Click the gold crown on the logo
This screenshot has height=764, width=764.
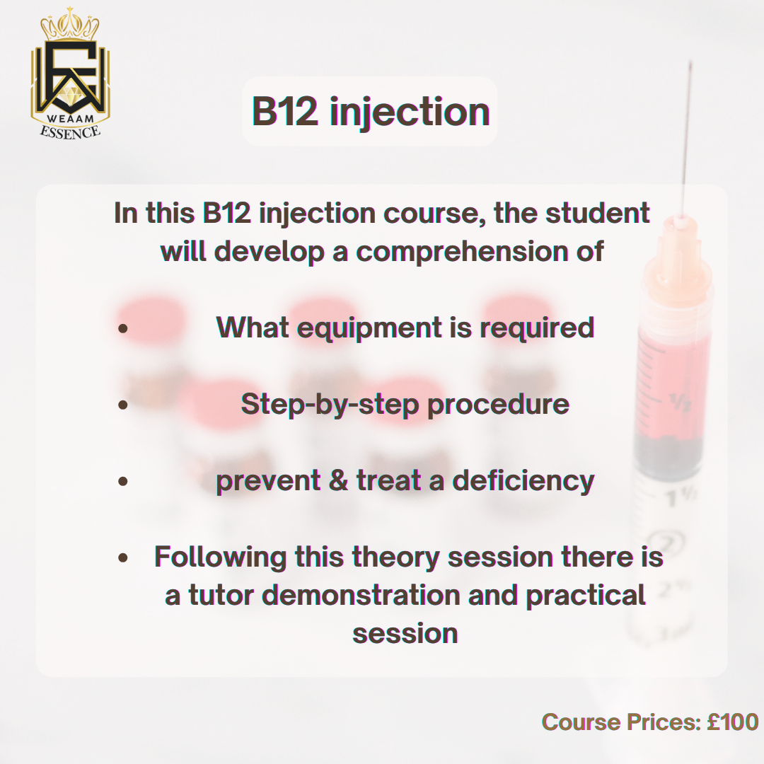69,24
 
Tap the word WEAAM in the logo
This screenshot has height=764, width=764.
70,118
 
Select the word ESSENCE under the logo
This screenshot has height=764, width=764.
70,132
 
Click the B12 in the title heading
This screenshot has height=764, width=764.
284,111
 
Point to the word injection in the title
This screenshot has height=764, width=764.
410,113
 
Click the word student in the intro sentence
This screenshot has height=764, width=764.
597,213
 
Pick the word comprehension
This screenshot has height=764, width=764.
463,253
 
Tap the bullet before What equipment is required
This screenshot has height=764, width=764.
123,328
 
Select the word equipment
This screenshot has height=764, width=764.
369,328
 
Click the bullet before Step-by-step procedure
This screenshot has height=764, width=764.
123,405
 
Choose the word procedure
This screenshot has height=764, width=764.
498,405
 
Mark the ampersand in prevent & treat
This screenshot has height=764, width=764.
338,480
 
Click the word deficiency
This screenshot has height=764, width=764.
523,481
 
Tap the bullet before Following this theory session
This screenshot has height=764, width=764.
123,557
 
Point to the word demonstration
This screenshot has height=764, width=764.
361,596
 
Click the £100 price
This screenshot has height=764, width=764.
733,722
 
